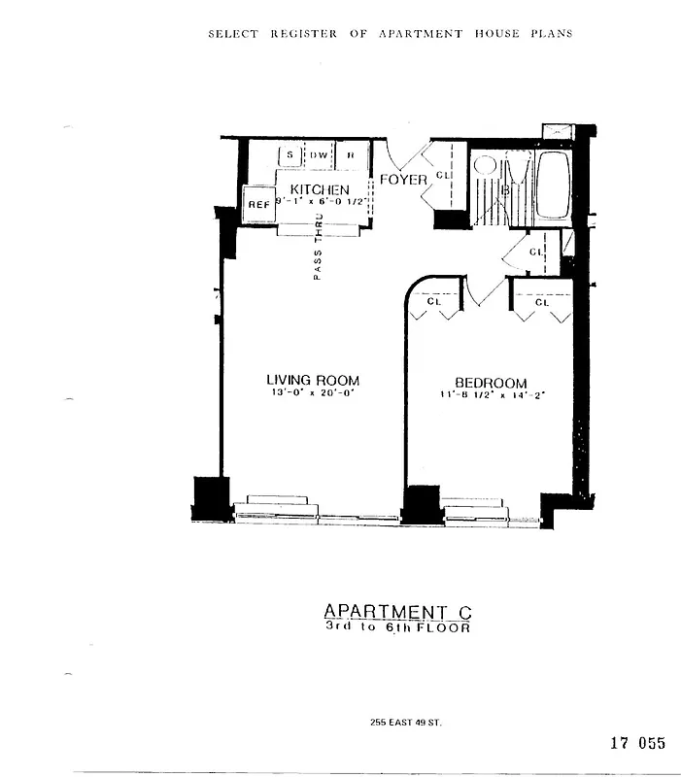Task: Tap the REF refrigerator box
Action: [x=258, y=205]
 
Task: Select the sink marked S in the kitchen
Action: [x=290, y=155]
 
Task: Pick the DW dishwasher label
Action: [x=320, y=155]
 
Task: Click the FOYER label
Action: [x=403, y=180]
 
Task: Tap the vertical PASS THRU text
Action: [x=318, y=250]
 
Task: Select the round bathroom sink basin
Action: [x=485, y=164]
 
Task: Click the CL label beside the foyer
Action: [x=442, y=176]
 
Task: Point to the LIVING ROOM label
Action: [x=313, y=382]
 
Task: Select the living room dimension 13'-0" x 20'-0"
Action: [x=313, y=394]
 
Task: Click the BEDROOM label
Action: [x=491, y=383]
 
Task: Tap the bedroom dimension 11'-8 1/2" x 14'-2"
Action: [x=491, y=395]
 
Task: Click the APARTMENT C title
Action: [x=397, y=611]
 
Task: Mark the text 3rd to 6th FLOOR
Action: [x=397, y=627]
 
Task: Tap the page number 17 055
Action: [x=637, y=744]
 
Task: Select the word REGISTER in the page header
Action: [x=303, y=34]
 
